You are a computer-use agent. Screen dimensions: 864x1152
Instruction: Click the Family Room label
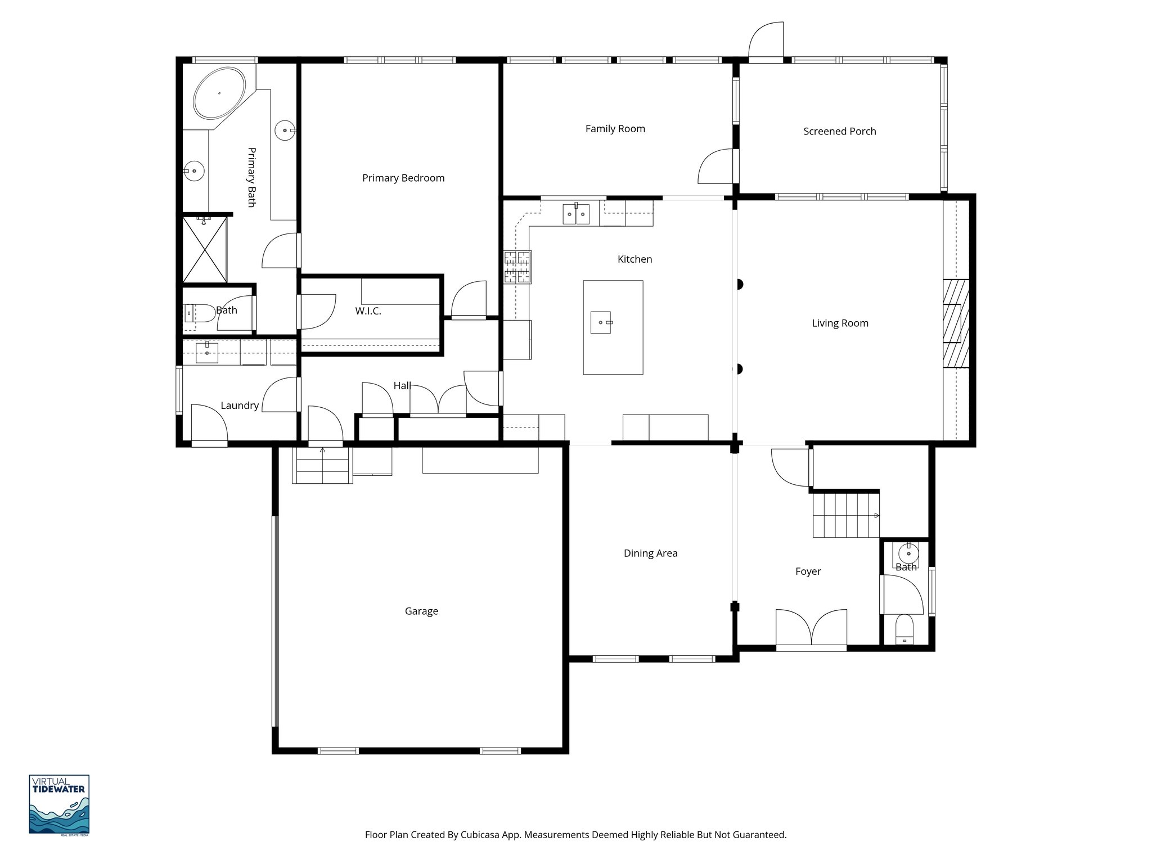click(x=615, y=129)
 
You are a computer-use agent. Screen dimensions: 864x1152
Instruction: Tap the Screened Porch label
click(x=839, y=132)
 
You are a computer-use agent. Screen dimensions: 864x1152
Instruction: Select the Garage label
click(x=421, y=611)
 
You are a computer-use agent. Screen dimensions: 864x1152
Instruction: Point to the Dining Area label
click(x=650, y=553)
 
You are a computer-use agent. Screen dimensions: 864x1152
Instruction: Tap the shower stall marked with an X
click(x=205, y=249)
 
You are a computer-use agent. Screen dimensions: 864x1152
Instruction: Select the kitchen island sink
click(x=601, y=323)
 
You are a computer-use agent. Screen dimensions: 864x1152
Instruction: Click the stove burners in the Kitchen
click(x=517, y=267)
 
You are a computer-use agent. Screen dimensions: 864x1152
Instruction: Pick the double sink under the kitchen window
click(x=575, y=214)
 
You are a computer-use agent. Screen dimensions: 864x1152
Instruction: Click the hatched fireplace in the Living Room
click(x=956, y=323)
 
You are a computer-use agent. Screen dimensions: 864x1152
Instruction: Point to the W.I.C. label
click(x=368, y=311)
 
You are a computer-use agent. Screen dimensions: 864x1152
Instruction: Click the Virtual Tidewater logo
click(x=59, y=804)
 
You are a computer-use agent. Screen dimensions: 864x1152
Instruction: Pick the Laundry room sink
click(x=206, y=353)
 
